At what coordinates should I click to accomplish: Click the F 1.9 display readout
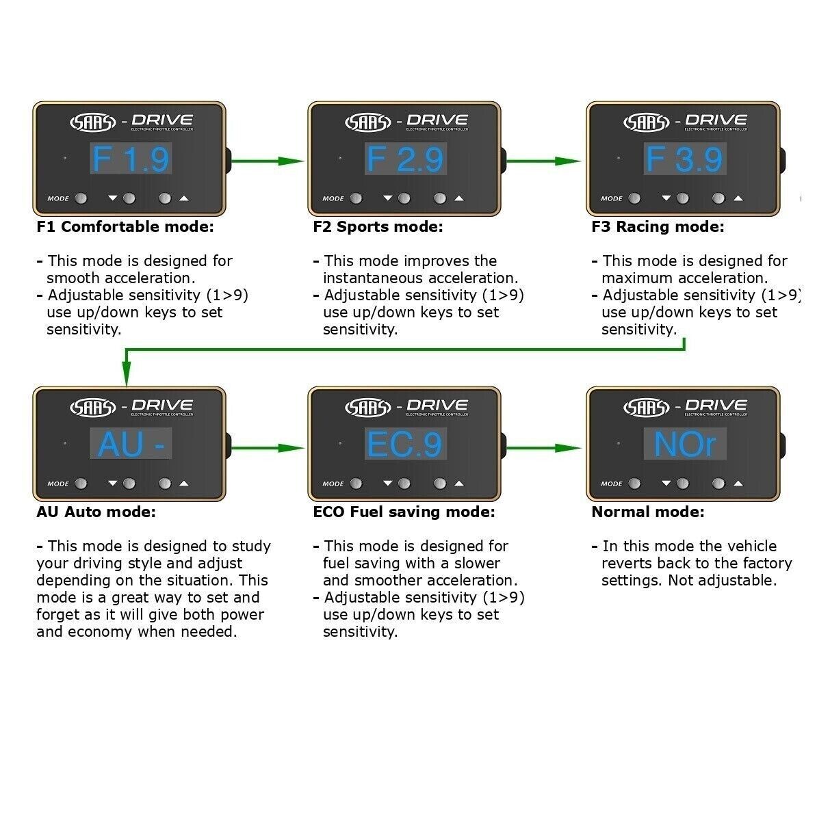click(130, 159)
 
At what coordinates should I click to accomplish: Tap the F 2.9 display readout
click(405, 159)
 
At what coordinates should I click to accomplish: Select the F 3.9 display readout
click(684, 159)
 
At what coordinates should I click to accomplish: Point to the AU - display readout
click(130, 445)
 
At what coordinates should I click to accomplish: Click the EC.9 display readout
click(405, 445)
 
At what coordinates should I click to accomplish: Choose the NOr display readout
click(684, 445)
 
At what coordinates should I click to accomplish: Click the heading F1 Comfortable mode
click(125, 227)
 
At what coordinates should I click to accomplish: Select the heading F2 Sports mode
click(378, 227)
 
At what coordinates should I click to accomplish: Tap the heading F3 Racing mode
click(658, 227)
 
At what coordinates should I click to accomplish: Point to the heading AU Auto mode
click(96, 512)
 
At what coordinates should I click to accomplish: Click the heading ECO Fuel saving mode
click(404, 512)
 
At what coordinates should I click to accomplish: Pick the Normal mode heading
click(647, 512)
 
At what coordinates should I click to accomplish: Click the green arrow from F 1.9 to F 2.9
click(267, 161)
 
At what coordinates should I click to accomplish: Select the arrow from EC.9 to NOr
click(544, 448)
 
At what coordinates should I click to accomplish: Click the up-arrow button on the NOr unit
click(718, 484)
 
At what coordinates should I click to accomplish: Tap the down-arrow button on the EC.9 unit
click(404, 484)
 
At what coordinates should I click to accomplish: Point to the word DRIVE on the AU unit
click(162, 406)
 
